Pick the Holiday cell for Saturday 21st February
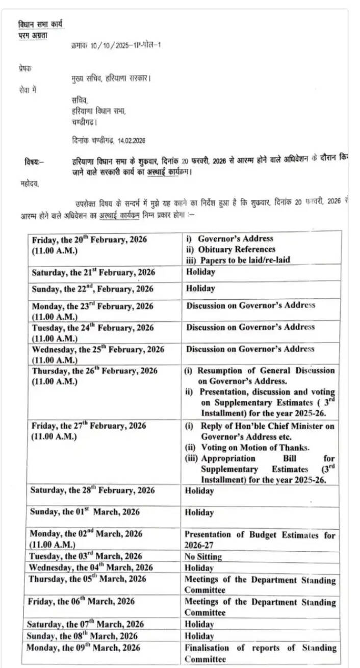[x=200, y=272]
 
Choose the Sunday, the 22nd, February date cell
[x=92, y=289]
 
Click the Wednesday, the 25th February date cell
[x=98, y=349]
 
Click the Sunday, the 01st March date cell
[x=85, y=511]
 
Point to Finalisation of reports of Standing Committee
[x=260, y=653]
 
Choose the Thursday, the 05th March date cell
[x=87, y=579]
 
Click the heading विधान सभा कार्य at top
[x=41, y=24]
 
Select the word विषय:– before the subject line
[x=34, y=162]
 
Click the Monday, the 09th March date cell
[x=84, y=648]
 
